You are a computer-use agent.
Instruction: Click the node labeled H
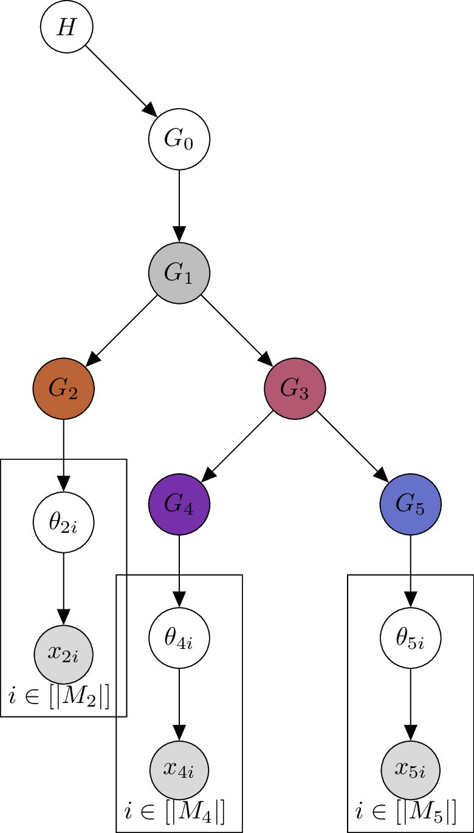tap(66, 27)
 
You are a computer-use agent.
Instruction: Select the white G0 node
tap(179, 139)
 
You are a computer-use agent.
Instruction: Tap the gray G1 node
tap(179, 273)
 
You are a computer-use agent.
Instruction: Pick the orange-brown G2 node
tap(64, 388)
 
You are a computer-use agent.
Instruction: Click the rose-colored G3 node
tap(295, 388)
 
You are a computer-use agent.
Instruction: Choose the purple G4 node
tap(179, 504)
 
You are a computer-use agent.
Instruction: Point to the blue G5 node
tap(410, 504)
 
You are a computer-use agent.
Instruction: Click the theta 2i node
tap(64, 522)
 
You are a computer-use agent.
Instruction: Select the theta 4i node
tap(179, 637)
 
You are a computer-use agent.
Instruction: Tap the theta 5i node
tap(410, 637)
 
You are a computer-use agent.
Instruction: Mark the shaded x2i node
tap(64, 656)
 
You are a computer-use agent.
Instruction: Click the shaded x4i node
tap(179, 771)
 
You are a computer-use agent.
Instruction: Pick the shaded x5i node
tap(410, 771)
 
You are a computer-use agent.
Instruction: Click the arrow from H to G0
tap(122, 81)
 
